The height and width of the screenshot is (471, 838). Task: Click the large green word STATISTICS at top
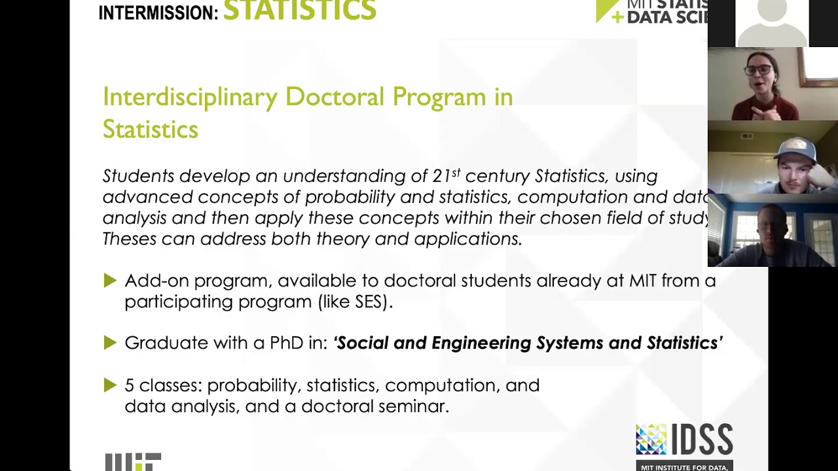pyautogui.click(x=300, y=10)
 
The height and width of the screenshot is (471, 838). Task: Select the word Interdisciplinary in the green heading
pyautogui.click(x=190, y=97)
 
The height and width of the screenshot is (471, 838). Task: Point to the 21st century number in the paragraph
pyautogui.click(x=446, y=176)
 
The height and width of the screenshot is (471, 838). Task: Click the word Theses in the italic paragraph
pyautogui.click(x=130, y=239)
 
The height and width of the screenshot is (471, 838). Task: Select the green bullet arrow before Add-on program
pyautogui.click(x=110, y=281)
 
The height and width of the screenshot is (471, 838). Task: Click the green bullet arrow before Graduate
pyautogui.click(x=110, y=343)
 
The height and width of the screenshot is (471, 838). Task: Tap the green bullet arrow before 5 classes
pyautogui.click(x=110, y=385)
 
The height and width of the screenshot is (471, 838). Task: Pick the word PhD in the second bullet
pyautogui.click(x=287, y=343)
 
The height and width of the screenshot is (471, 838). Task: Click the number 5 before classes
pyautogui.click(x=129, y=385)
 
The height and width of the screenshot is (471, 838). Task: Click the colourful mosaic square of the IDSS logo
pyautogui.click(x=651, y=439)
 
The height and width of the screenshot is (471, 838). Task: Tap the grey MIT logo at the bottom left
pyautogui.click(x=133, y=462)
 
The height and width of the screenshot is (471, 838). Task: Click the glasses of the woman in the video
pyautogui.click(x=757, y=70)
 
